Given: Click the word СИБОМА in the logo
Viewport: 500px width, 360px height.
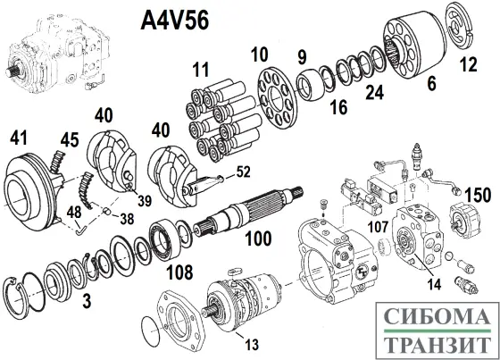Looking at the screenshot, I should click(438, 316).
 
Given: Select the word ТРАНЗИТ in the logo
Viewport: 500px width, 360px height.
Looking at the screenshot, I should click(438, 343).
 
